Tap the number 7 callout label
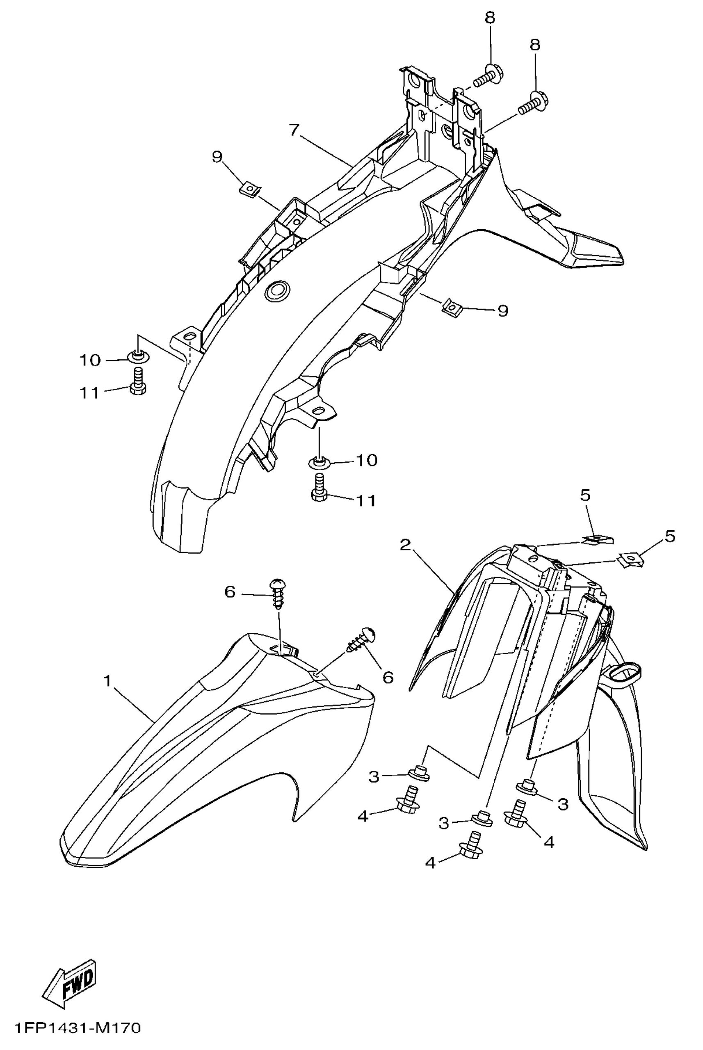[x=294, y=130]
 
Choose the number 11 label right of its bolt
[x=366, y=500]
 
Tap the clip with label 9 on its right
[x=452, y=307]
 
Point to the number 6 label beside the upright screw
[x=230, y=593]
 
